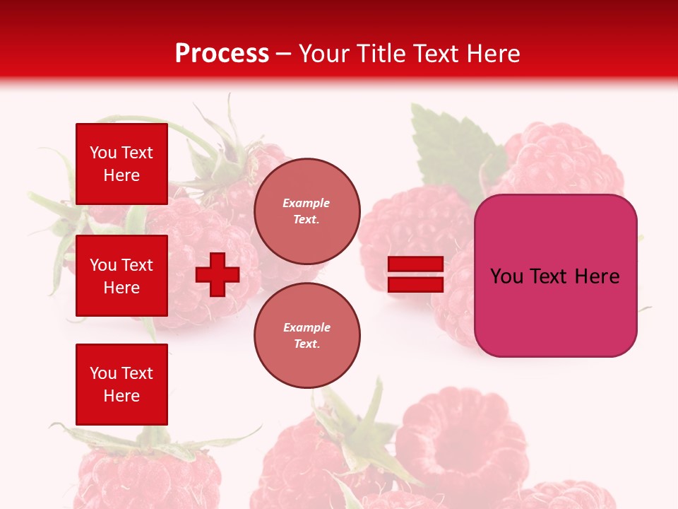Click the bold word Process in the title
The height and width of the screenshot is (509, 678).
point(222,54)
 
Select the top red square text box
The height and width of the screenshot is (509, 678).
point(121,164)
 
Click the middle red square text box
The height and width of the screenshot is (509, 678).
point(121,276)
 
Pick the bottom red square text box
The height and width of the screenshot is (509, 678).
point(121,384)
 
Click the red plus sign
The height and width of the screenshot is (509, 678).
point(218,274)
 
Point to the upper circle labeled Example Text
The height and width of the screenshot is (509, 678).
point(307,211)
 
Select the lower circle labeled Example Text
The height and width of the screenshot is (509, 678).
point(307,335)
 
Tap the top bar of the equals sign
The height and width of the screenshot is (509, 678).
point(415,264)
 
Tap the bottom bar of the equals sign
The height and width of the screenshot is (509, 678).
point(415,284)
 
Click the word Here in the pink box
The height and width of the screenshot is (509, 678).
point(597,276)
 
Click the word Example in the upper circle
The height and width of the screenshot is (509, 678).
point(307,203)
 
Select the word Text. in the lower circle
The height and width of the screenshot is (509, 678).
point(307,344)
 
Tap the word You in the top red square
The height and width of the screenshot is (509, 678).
point(103,153)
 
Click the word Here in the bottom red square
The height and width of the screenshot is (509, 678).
point(121,396)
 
